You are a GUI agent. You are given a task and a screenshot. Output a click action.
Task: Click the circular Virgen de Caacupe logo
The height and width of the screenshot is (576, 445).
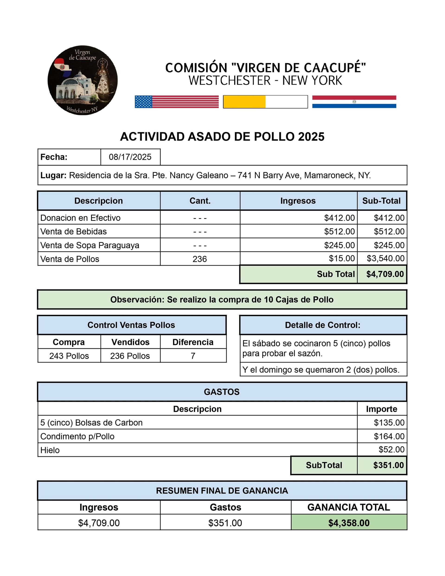(x=83, y=80)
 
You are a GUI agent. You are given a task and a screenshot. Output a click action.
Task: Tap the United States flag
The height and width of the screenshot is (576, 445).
(x=176, y=102)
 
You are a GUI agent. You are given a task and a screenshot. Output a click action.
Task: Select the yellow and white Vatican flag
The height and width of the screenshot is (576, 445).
(x=265, y=102)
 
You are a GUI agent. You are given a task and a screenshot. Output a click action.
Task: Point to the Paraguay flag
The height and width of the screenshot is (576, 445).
(x=354, y=102)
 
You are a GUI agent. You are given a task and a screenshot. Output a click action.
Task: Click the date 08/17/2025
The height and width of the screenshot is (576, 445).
(x=130, y=157)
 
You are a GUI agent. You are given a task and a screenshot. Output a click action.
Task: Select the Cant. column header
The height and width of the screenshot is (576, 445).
(x=200, y=201)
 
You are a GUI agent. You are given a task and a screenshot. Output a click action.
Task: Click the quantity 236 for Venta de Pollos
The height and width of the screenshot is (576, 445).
(x=200, y=259)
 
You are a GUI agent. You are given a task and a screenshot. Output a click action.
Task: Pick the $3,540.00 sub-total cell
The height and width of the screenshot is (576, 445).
(x=385, y=259)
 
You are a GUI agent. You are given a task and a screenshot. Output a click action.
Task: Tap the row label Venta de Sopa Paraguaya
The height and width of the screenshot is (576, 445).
(x=90, y=245)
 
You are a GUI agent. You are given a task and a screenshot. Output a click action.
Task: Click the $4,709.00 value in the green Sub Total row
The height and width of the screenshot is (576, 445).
(x=385, y=274)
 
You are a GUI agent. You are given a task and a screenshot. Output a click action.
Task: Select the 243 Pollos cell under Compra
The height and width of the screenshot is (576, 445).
(x=69, y=356)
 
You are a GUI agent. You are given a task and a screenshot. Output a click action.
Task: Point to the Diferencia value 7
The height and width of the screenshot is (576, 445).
(x=193, y=356)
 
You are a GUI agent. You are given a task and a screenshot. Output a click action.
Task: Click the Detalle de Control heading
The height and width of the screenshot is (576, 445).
(x=323, y=325)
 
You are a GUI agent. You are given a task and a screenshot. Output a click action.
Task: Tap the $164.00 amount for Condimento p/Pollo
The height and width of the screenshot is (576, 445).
(x=389, y=436)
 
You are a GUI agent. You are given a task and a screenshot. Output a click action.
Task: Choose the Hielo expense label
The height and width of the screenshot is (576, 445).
(x=50, y=450)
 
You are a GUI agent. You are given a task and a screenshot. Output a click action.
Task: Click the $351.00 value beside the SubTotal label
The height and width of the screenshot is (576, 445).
(x=388, y=465)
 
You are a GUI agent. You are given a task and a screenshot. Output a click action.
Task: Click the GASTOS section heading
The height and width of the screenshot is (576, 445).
(x=222, y=392)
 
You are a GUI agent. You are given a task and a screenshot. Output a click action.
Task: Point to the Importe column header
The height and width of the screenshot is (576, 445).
(x=381, y=409)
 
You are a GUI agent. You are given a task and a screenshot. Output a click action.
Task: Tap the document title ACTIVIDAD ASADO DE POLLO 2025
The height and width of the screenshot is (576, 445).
(x=222, y=137)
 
